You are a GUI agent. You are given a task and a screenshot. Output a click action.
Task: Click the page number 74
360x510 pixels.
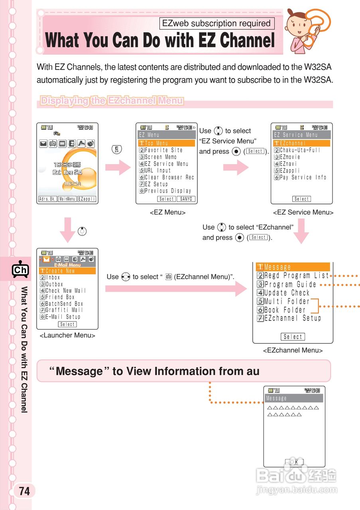point(24,491)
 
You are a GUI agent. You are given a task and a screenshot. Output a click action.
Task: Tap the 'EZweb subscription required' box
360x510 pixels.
point(216,24)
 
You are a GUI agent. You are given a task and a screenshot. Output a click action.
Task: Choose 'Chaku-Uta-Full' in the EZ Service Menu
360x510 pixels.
point(300,150)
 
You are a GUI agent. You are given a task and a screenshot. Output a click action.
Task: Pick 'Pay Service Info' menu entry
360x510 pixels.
point(303,177)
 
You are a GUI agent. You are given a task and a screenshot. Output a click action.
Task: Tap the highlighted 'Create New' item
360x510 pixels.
point(60,271)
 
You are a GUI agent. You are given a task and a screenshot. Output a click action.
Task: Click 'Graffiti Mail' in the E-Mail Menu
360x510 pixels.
point(64,310)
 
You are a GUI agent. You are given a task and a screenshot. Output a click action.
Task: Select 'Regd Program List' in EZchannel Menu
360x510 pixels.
point(297,276)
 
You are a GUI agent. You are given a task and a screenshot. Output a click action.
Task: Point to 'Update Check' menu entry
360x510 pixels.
point(287,293)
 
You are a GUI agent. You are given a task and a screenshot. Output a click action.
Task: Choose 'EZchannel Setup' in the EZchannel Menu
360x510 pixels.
point(292,318)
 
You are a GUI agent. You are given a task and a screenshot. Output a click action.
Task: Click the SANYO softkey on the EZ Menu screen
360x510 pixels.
point(186,199)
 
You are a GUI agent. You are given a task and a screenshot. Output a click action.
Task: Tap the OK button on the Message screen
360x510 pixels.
point(294,462)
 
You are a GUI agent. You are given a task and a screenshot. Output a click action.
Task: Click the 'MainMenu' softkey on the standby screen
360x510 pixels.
point(67,199)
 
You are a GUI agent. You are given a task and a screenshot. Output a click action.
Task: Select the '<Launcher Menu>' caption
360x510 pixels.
point(67,335)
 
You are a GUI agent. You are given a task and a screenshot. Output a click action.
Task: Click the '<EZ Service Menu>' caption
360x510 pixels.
point(303,212)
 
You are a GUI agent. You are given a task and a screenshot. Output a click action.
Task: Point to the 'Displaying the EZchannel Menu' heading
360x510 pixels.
point(112,101)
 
